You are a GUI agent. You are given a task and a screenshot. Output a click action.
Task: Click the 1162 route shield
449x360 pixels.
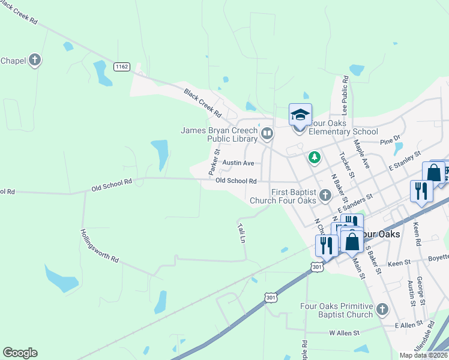[122, 67]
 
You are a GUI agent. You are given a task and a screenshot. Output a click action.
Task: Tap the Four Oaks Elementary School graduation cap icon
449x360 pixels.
[300, 115]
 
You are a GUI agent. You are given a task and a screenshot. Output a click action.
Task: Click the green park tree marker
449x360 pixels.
[313, 158]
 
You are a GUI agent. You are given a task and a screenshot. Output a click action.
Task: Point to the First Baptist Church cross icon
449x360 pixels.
[325, 195]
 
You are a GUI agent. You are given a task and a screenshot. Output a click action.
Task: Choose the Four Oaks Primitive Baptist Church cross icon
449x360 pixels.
[382, 310]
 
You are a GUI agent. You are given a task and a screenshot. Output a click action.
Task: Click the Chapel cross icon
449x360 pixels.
[35, 60]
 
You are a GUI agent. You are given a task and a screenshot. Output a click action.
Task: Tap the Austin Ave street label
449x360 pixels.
[238, 163]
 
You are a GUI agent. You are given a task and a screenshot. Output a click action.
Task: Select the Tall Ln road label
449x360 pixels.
[242, 232]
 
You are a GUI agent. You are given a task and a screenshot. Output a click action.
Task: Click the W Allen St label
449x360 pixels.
[344, 332]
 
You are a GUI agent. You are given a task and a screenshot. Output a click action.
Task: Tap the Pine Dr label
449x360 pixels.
[390, 140]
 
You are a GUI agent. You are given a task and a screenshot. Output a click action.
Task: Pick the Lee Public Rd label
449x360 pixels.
[345, 95]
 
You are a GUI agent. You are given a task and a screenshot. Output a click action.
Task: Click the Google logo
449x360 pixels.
[20, 353]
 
